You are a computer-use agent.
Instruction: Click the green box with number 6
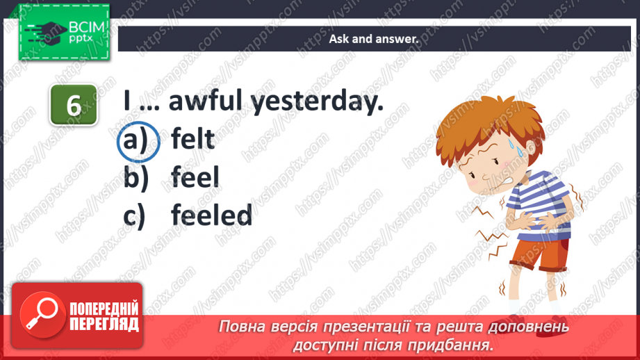pos(74,105)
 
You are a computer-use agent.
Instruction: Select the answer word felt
pos(192,139)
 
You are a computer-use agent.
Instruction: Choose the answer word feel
pos(195,177)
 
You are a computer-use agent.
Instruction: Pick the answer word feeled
pos(211,215)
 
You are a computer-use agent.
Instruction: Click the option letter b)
pos(136,177)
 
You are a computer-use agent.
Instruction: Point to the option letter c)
pos(134,216)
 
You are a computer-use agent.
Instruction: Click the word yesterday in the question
pos(317,102)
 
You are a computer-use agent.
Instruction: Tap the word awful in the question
pos(206,100)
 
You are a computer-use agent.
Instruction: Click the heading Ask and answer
pos(374,39)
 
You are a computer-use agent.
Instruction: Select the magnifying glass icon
pos(42,315)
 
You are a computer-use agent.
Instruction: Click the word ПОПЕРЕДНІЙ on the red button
pos(104,309)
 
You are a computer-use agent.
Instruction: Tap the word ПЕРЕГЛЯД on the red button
pos(104,324)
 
